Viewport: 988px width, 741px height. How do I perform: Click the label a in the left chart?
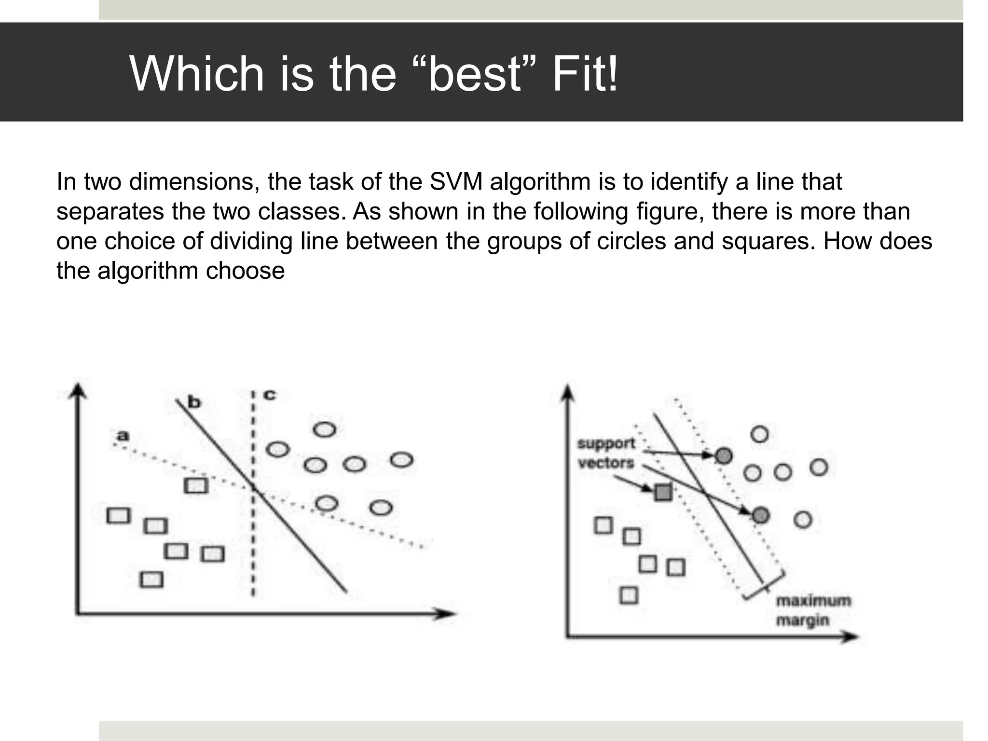coord(123,436)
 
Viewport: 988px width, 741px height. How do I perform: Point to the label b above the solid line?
coord(194,402)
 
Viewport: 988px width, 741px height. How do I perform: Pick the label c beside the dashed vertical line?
coord(270,395)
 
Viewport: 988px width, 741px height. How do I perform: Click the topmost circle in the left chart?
coord(324,429)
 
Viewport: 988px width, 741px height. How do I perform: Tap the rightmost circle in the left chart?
coord(401,460)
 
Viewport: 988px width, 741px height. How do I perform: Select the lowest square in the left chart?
coord(151,579)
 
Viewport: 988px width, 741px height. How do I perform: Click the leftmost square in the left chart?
coord(119,515)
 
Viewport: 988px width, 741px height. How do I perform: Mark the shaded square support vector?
coord(663,493)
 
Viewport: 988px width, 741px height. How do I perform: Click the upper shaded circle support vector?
coord(724,455)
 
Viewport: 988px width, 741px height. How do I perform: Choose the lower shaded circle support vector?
coord(760,515)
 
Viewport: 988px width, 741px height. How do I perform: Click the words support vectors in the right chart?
coord(606,453)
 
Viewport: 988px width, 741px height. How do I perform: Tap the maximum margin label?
coord(813,610)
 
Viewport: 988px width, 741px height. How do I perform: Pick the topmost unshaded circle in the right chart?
coord(759,435)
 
